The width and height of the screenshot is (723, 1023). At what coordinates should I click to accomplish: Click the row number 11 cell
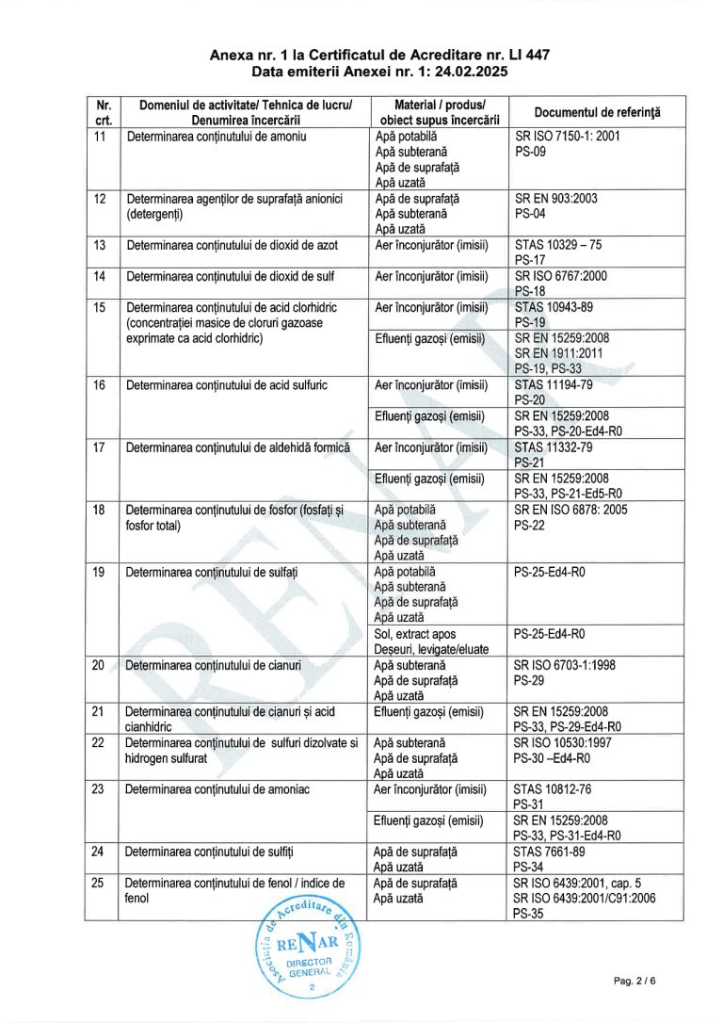[x=100, y=138]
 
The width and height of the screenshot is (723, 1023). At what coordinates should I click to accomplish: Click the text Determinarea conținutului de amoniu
[x=218, y=138]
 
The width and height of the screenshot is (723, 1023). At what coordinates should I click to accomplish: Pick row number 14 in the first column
[x=100, y=277]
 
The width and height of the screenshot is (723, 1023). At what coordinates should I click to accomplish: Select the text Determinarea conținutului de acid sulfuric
[x=225, y=384]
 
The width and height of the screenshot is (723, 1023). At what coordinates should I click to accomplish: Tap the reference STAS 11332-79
[x=554, y=447]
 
